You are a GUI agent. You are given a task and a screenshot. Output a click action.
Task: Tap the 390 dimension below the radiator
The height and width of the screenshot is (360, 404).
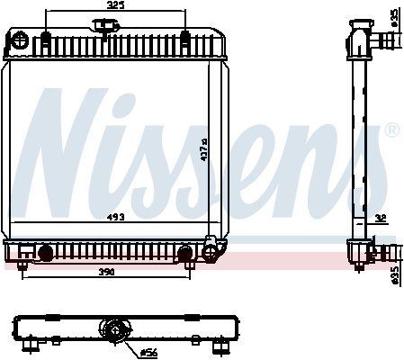click(107, 272)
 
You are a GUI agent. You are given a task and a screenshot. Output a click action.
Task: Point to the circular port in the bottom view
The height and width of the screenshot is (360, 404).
click(115, 332)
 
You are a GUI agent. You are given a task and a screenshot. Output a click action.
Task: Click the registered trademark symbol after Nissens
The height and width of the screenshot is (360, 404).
click(391, 131)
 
